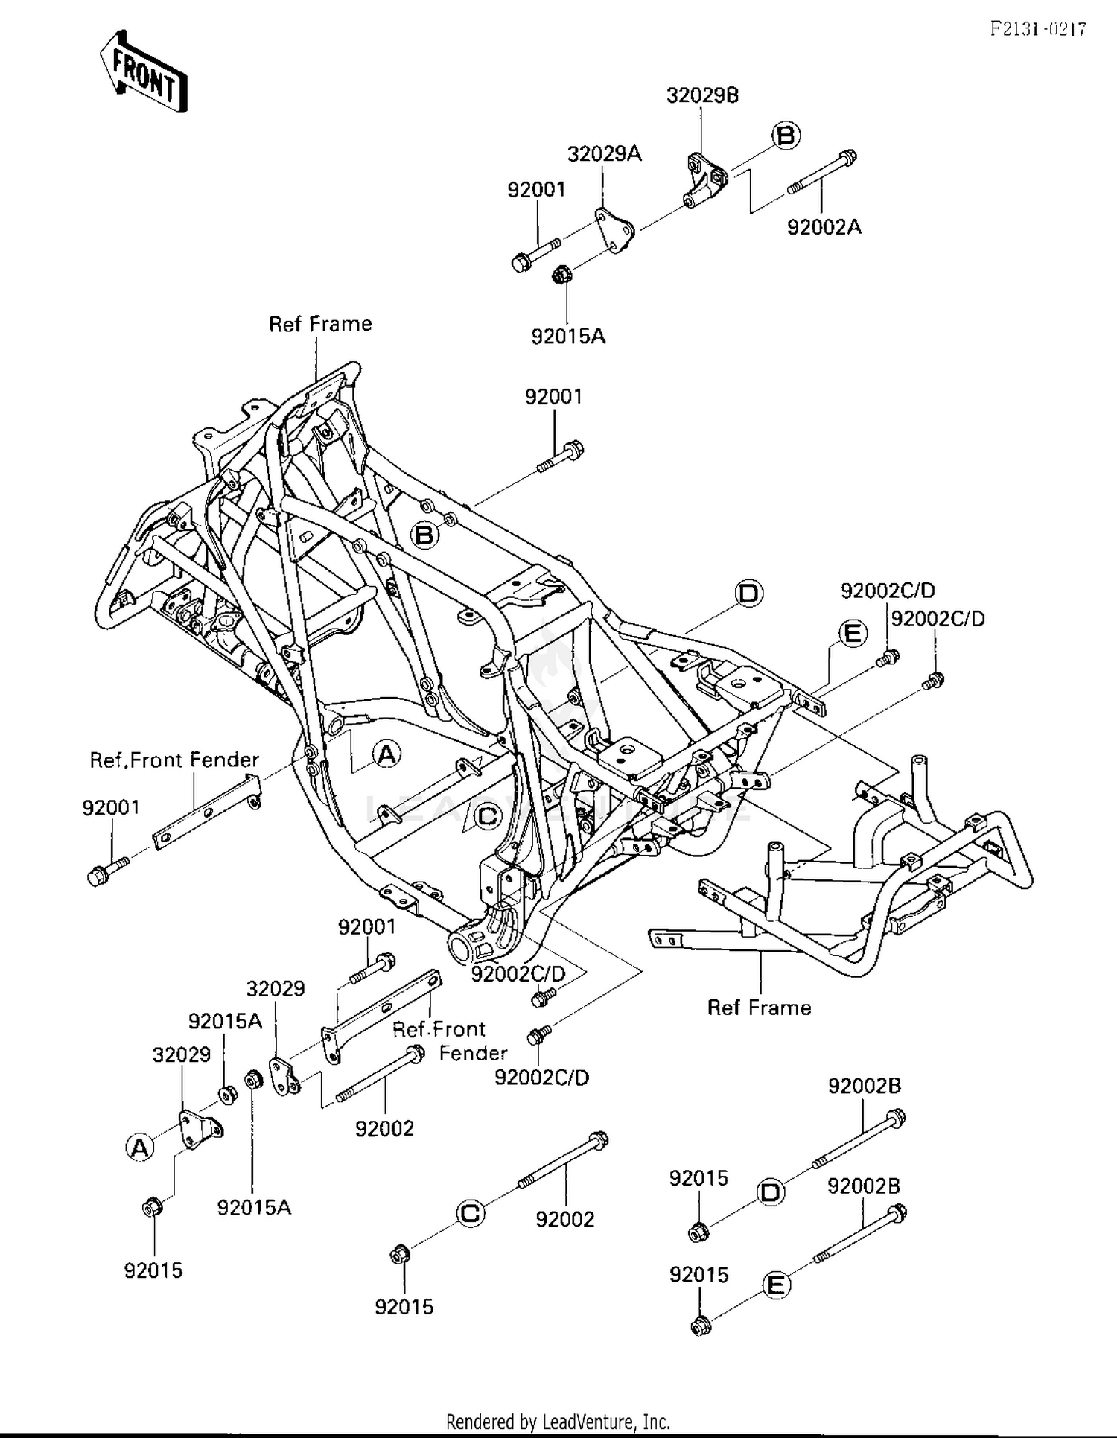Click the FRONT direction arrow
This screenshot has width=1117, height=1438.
[x=143, y=71]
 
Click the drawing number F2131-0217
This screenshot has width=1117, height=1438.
[x=1038, y=29]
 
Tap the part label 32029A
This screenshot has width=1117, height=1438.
[x=604, y=154]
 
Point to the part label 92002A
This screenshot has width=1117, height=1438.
[x=824, y=227]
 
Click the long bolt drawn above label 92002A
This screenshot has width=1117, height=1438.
[x=821, y=172]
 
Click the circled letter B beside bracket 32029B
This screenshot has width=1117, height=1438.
[x=785, y=136]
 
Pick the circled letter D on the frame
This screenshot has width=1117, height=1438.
[x=748, y=594]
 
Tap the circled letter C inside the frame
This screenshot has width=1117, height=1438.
[x=487, y=817]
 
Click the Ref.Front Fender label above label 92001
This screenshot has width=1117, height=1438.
[x=174, y=760]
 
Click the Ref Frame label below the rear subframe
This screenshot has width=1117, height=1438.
[x=758, y=1008]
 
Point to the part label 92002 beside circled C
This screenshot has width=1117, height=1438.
[x=564, y=1219]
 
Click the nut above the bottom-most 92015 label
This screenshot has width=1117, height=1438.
[x=698, y=1326]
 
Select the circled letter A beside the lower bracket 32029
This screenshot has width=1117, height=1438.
[x=140, y=1148]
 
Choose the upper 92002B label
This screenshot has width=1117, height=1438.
[x=864, y=1087]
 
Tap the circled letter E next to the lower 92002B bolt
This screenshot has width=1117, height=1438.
[x=775, y=1285]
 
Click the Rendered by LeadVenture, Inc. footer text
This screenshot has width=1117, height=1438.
[x=558, y=1421]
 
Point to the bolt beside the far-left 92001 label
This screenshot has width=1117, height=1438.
[x=106, y=871]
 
